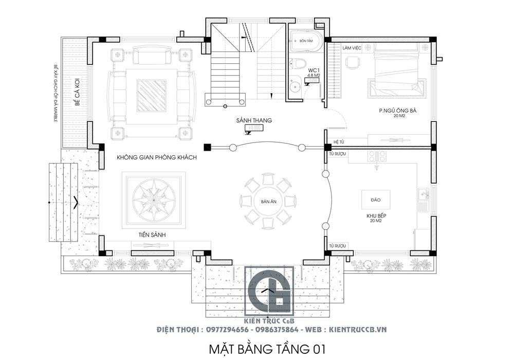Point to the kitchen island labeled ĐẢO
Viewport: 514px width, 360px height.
coord(376,199)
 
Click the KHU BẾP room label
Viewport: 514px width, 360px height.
coord(376,216)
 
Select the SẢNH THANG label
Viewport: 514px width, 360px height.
coord(254,120)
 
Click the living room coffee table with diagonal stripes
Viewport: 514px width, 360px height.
coord(151,95)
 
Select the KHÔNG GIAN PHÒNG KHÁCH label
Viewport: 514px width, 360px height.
coord(156,157)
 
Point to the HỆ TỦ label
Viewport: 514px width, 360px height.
coord(338,141)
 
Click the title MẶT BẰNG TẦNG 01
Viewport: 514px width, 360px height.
coord(267,349)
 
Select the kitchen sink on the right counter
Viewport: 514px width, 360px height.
coord(423,198)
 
